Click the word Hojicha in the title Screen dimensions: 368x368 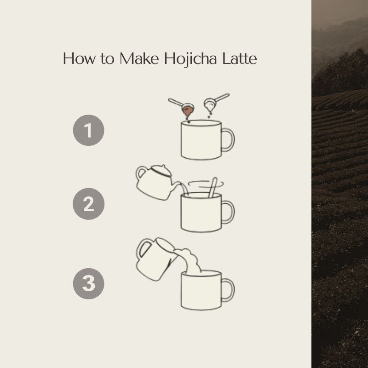[190, 59]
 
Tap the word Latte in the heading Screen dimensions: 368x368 [239, 58]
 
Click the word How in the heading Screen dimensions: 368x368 [79, 58]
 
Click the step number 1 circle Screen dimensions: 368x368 [88, 130]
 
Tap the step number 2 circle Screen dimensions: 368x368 [88, 204]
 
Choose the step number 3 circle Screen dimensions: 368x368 [88, 283]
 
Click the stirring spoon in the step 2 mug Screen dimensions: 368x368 [213, 188]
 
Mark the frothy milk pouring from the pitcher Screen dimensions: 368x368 [190, 261]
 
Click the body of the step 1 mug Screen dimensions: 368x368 [201, 141]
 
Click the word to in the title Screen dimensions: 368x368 [107, 59]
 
